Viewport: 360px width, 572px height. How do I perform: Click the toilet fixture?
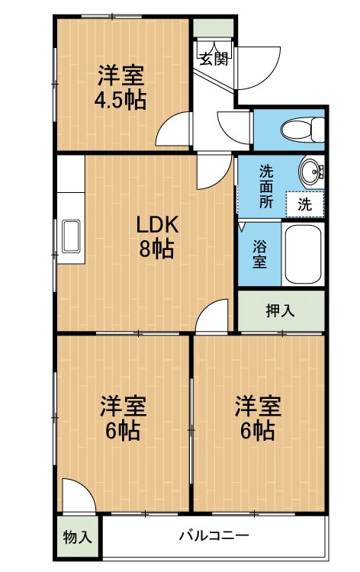[302, 130]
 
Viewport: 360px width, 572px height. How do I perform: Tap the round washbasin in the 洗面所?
[312, 171]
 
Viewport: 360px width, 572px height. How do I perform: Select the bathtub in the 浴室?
[303, 254]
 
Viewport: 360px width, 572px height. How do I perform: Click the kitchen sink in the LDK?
[71, 236]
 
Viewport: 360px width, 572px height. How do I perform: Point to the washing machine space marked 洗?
[304, 204]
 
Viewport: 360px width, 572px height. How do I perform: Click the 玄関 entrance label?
[215, 59]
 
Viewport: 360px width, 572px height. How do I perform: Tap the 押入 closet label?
[280, 310]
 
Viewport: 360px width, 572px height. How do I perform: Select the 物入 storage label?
[77, 537]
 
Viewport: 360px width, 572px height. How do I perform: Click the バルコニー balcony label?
[214, 535]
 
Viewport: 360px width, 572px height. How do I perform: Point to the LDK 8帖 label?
[157, 236]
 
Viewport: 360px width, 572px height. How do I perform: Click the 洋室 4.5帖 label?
[121, 88]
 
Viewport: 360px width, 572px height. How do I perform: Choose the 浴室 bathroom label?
[259, 254]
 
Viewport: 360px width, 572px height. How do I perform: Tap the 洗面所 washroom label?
[266, 187]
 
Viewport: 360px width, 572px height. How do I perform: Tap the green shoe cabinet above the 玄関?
[213, 27]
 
